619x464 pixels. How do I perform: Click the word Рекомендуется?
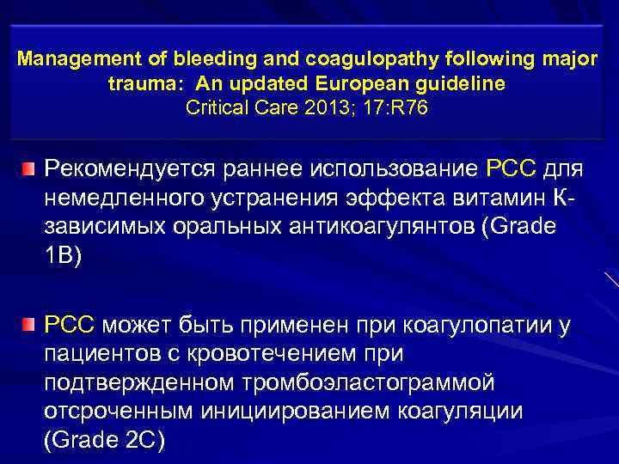[x=135, y=166]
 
